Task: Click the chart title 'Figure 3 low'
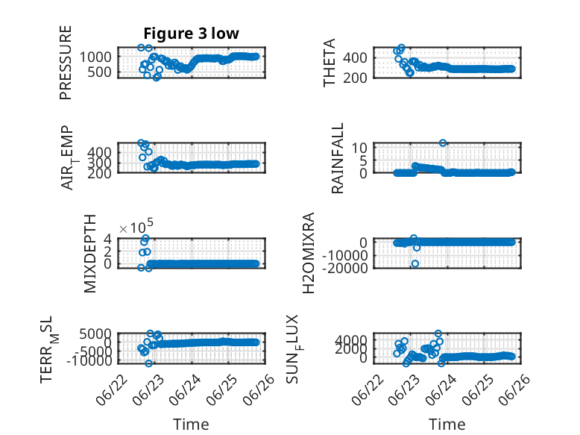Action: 192,34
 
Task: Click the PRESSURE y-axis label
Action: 66,63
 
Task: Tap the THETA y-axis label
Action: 329,63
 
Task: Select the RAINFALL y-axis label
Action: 338,158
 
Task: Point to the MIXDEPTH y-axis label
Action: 90,254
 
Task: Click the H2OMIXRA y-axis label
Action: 309,253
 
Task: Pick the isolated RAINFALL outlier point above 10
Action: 443,143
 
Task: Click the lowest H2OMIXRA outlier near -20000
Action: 415,263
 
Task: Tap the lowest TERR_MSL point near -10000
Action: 148,363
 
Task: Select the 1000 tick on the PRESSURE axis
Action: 95,57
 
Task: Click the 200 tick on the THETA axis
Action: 355,78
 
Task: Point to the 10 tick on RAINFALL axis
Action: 359,148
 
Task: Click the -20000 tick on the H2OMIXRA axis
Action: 344,267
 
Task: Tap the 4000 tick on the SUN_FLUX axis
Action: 351,339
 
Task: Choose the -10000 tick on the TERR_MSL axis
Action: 89,360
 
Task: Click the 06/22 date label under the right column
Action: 368,389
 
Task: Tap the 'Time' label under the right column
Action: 447,425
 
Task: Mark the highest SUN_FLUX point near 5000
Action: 438,334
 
